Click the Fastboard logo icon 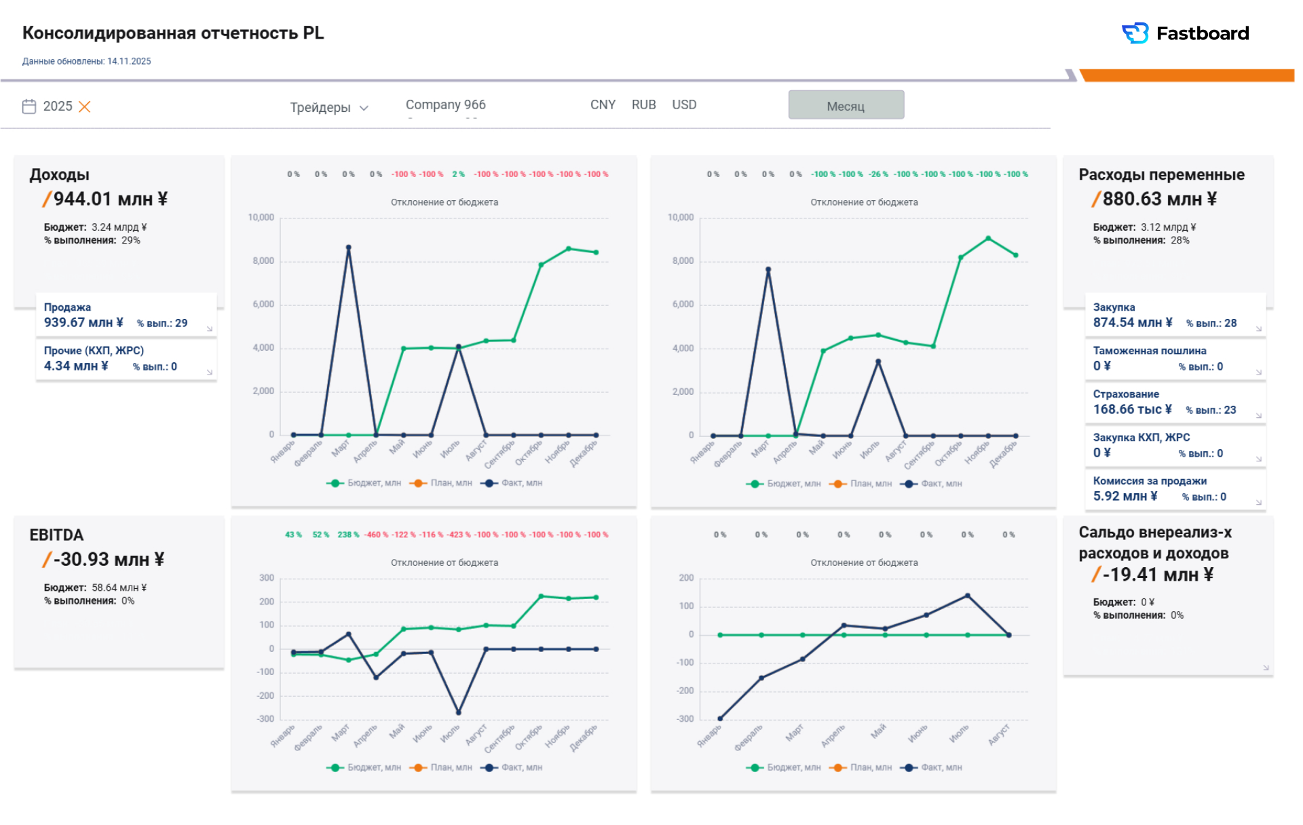point(1135,33)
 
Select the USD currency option point(684,104)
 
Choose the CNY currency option point(603,104)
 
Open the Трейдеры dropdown point(328,107)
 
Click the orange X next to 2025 point(84,107)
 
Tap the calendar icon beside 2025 point(29,106)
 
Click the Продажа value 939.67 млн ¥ point(83,322)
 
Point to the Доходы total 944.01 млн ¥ point(111,199)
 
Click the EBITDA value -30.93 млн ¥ point(109,559)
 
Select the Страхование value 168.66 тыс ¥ point(1132,409)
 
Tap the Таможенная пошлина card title point(1149,351)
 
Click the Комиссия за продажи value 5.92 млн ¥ point(1125,496)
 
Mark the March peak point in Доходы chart point(349,248)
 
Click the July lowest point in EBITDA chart point(458,712)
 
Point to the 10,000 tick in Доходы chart point(261,217)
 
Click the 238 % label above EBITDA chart point(348,535)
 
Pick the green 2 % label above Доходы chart point(459,174)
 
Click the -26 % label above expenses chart point(879,174)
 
